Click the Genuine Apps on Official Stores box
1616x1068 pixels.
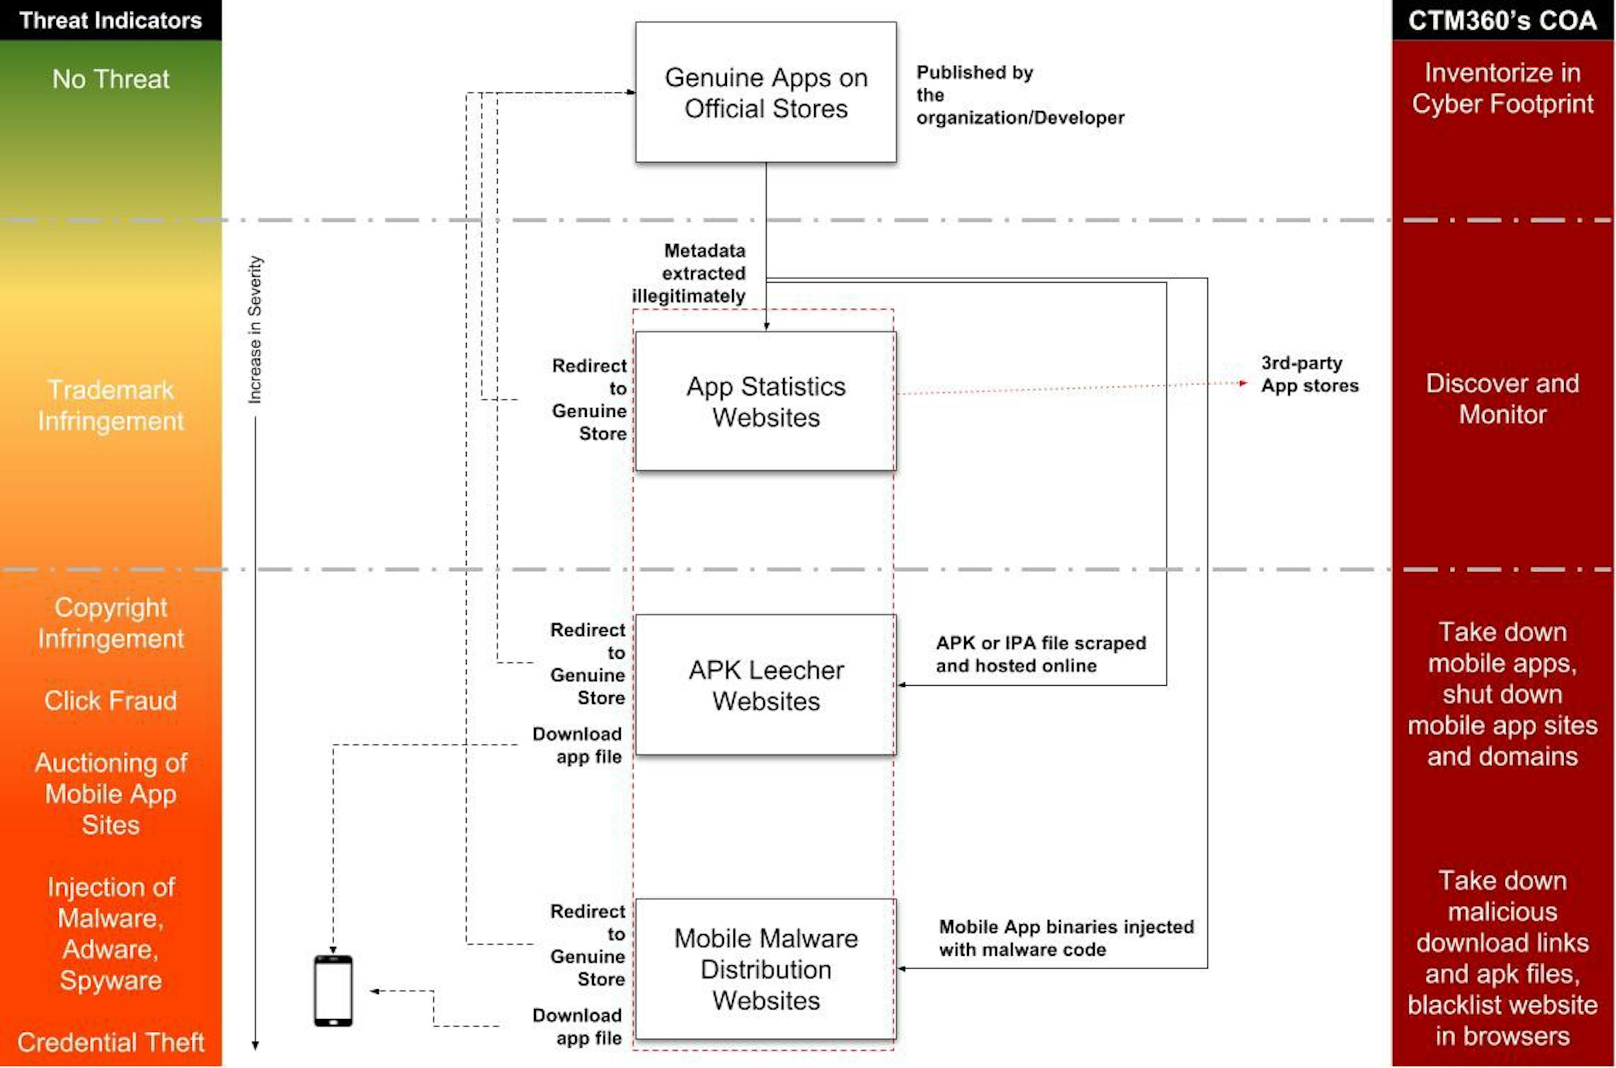click(x=766, y=92)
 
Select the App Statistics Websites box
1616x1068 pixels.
click(x=766, y=401)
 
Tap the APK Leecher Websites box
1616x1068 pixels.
click(x=766, y=684)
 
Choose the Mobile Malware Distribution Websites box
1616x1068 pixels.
click(x=766, y=969)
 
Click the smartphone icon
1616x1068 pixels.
click(x=333, y=990)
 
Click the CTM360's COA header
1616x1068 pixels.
click(x=1502, y=20)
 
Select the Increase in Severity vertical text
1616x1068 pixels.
click(x=255, y=330)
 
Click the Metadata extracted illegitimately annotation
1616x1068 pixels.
click(x=689, y=273)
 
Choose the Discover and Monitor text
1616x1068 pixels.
click(x=1502, y=398)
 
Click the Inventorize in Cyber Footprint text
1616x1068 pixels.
click(x=1502, y=88)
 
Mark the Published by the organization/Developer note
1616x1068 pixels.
click(x=1020, y=95)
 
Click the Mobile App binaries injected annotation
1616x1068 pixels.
click(x=1066, y=938)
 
